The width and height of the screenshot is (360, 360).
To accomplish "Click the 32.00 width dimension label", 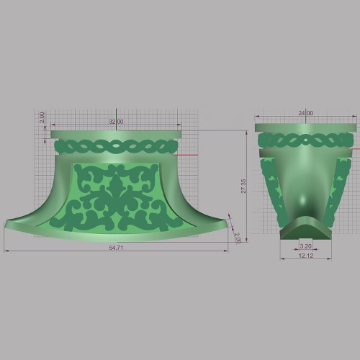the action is pos(116,122).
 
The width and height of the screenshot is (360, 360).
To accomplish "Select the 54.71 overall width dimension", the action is pos(116,248).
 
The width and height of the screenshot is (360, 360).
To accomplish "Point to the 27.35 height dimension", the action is pos(243,186).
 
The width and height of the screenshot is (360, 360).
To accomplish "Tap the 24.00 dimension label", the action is pos(306,113).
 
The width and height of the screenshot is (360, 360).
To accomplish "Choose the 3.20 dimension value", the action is pos(305,246).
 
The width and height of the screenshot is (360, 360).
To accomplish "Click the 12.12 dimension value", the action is pos(306,256).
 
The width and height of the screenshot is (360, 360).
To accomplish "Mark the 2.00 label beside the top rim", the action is pos(42,117).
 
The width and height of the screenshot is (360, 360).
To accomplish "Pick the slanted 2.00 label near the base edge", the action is pos(238,238).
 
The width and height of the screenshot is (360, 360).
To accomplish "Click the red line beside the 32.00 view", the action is pos(185,155).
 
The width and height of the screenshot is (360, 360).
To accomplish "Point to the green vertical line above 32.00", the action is pos(116,120).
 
